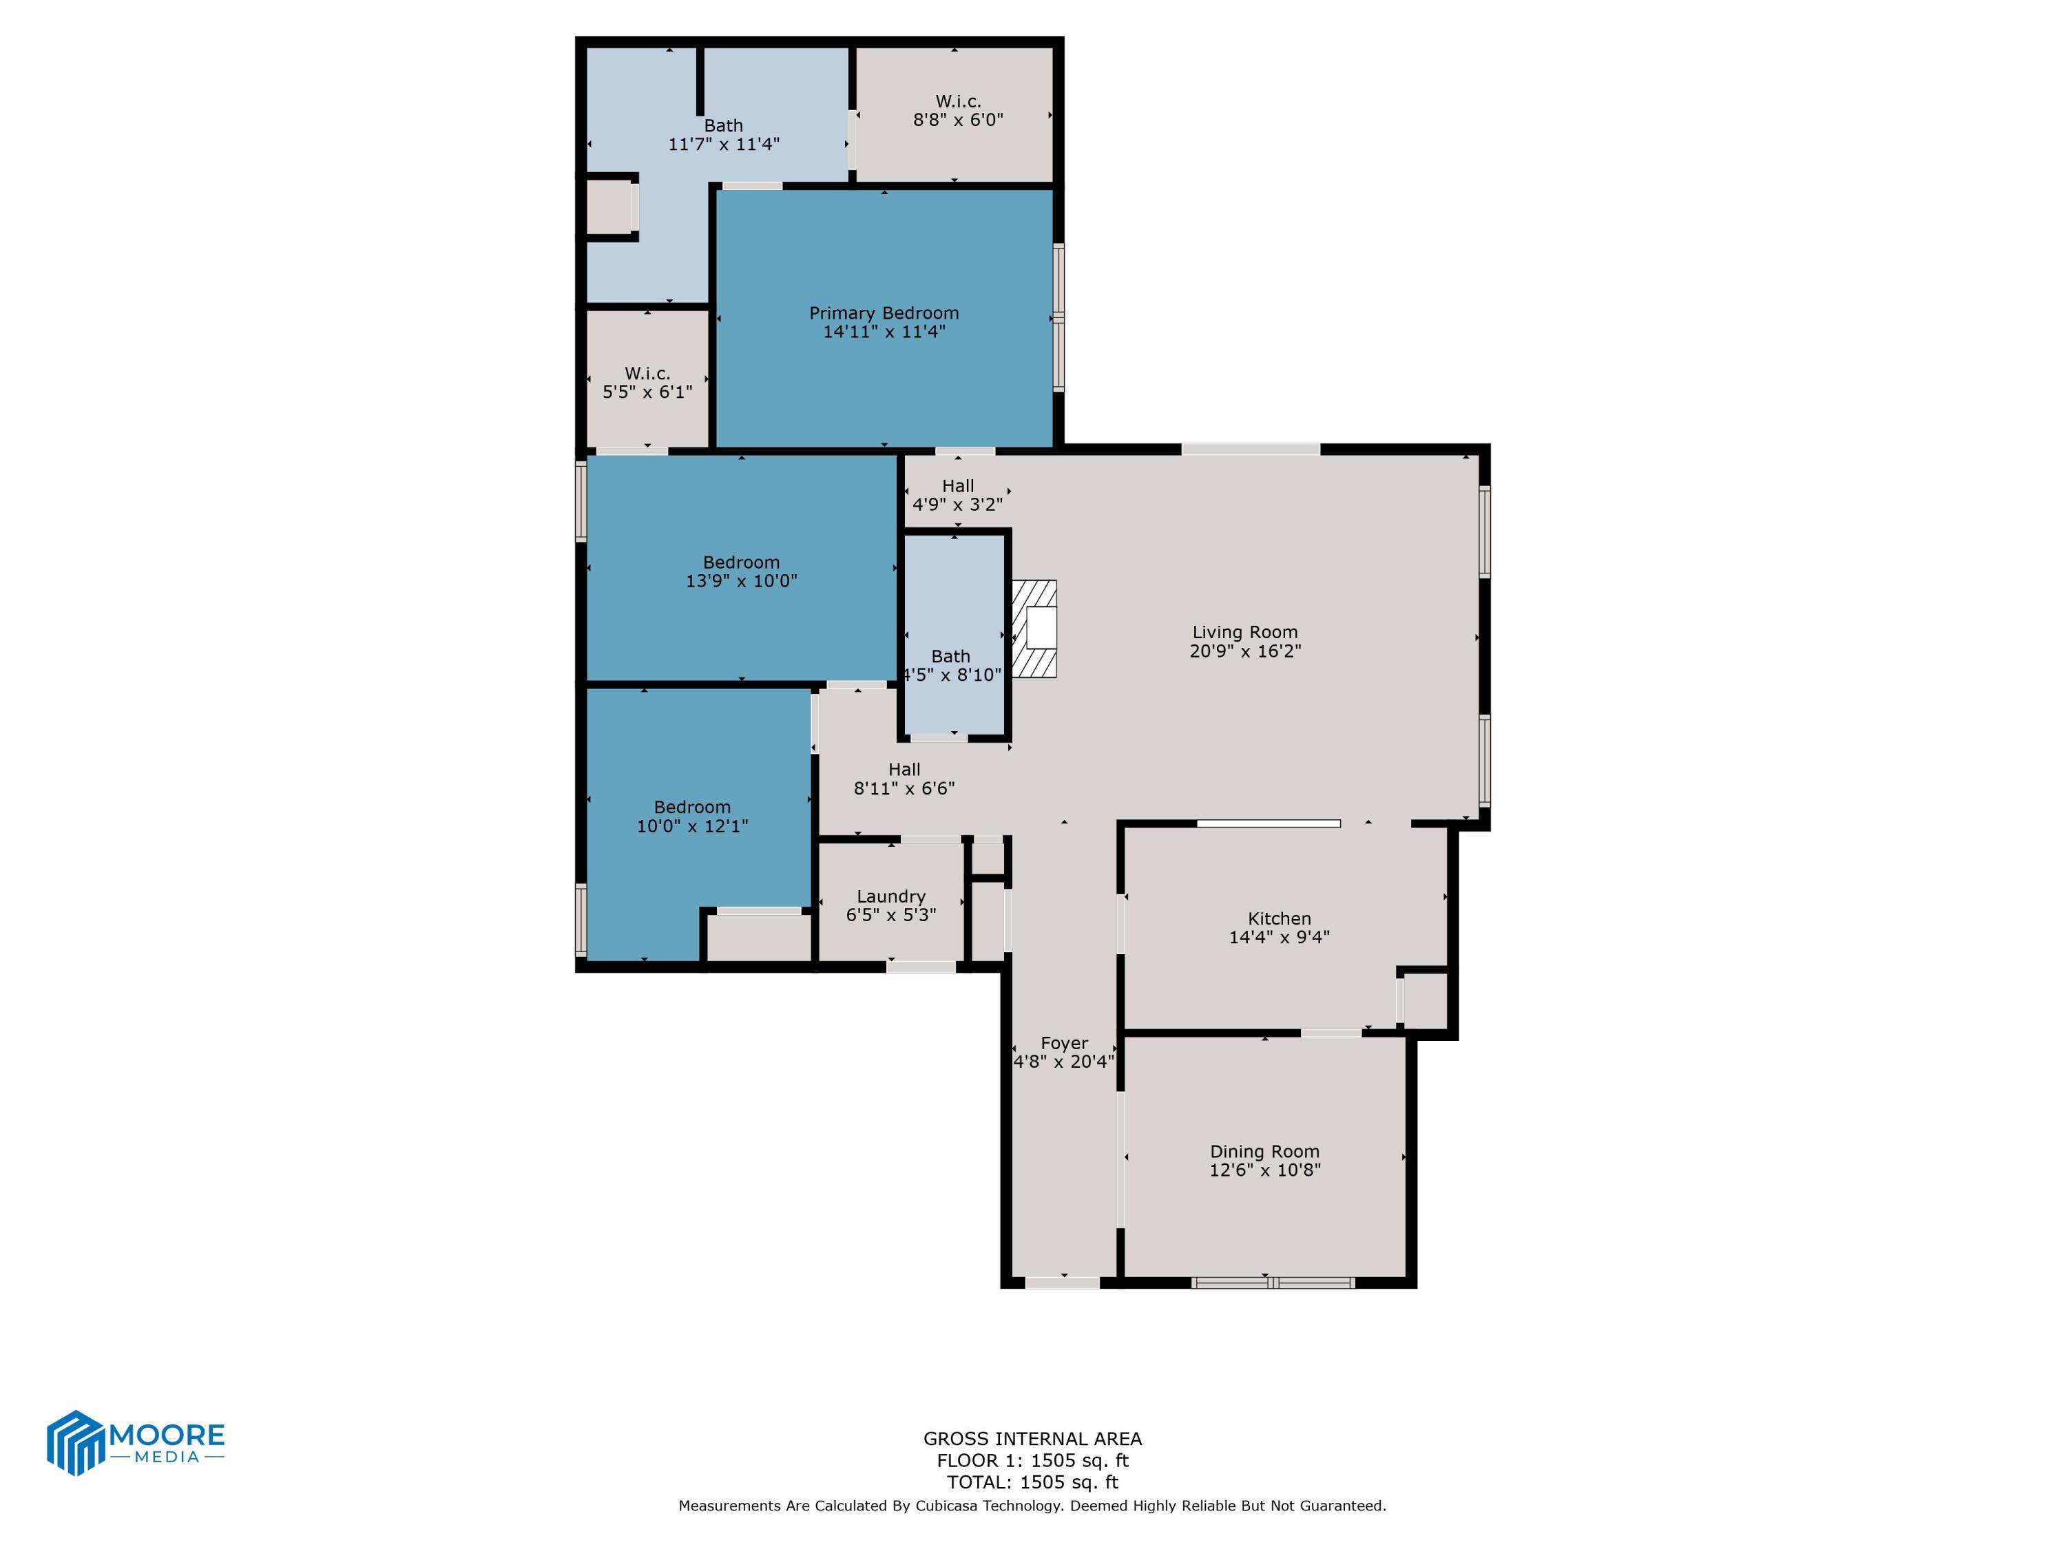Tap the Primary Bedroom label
pyautogui.click(x=884, y=313)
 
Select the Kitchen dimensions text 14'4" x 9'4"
pyautogui.click(x=1279, y=936)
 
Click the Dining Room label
pyautogui.click(x=1264, y=1151)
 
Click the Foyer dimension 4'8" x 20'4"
pyautogui.click(x=1064, y=1062)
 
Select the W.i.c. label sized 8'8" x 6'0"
pyautogui.click(x=957, y=101)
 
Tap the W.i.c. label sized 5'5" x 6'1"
pyautogui.click(x=647, y=373)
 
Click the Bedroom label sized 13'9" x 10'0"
pyautogui.click(x=740, y=562)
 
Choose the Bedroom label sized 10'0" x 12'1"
pyautogui.click(x=691, y=807)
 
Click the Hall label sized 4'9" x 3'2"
pyautogui.click(x=957, y=485)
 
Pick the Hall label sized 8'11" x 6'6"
pyautogui.click(x=903, y=770)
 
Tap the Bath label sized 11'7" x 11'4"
pyautogui.click(x=723, y=125)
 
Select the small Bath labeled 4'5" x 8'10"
pyautogui.click(x=951, y=656)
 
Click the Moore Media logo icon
pyautogui.click(x=74, y=1442)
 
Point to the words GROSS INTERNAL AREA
pyautogui.click(x=1032, y=1439)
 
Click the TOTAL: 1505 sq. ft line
pyautogui.click(x=1032, y=1482)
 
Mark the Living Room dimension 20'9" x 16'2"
pyautogui.click(x=1244, y=651)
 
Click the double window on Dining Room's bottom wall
pyautogui.click(x=1274, y=1283)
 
